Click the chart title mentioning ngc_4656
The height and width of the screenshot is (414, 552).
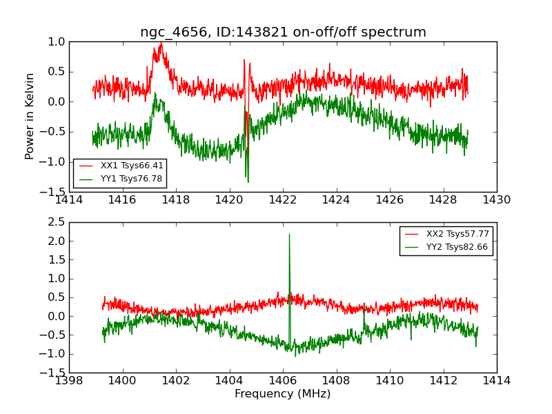pyautogui.click(x=283, y=32)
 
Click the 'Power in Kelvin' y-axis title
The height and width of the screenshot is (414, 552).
pyautogui.click(x=30, y=116)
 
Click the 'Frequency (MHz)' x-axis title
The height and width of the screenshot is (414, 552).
pyautogui.click(x=282, y=394)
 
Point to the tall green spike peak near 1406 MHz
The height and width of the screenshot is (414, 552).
pyautogui.click(x=289, y=235)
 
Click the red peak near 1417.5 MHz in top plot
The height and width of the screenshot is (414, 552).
pyautogui.click(x=161, y=44)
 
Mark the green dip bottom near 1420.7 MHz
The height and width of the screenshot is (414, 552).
pyautogui.click(x=248, y=181)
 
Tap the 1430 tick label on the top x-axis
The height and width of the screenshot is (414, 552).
pyautogui.click(x=496, y=200)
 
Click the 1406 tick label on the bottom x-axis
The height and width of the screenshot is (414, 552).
pyautogui.click(x=283, y=380)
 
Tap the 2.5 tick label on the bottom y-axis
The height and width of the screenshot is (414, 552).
pyautogui.click(x=56, y=222)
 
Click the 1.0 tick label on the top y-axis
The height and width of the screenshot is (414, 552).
pyautogui.click(x=56, y=41)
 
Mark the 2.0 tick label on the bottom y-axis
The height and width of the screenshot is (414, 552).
pyautogui.click(x=56, y=241)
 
